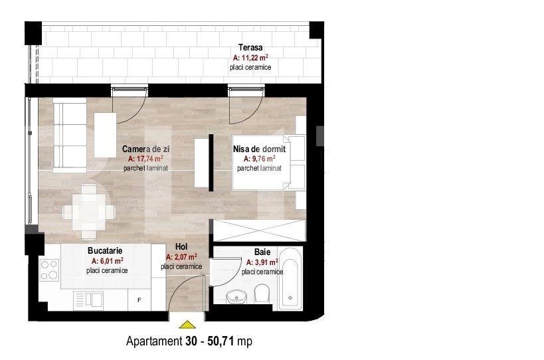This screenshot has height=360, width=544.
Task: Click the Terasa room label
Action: coord(250,48)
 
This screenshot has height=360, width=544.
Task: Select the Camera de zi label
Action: coord(145,149)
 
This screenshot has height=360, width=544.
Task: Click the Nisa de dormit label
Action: coord(259,149)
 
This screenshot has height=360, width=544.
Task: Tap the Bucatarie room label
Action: coord(107,251)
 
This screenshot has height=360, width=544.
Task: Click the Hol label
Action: coord(181,246)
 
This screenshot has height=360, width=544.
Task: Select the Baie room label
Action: coord(262,252)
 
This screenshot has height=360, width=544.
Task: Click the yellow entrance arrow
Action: coord(188,325)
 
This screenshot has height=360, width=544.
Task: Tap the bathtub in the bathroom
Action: coord(291,278)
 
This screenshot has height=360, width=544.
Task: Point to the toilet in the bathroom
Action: coord(261,293)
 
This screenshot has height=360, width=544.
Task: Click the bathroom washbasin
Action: coord(235,296)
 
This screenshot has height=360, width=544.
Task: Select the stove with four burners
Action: coord(50,270)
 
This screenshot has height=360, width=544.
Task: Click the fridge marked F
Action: coord(139,300)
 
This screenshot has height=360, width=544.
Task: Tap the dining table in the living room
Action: coord(84,212)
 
